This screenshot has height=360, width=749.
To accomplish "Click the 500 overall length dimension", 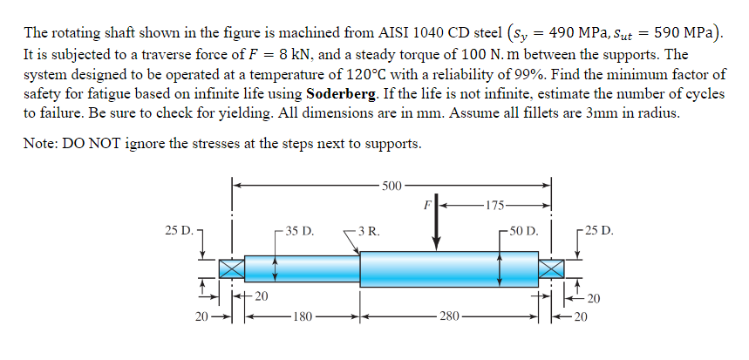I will [x=392, y=185].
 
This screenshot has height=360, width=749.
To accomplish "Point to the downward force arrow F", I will [x=437, y=228].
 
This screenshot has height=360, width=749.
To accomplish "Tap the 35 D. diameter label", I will [x=300, y=232].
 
